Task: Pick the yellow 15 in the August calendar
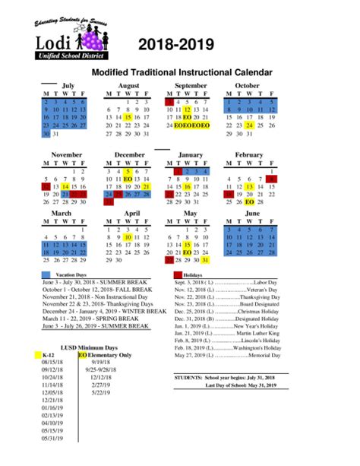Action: [128, 118]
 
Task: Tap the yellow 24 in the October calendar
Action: [250, 125]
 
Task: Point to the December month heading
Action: [129, 154]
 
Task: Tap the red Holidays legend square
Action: [178, 274]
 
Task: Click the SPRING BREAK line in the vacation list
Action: [96, 319]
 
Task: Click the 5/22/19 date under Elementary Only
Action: [99, 393]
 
